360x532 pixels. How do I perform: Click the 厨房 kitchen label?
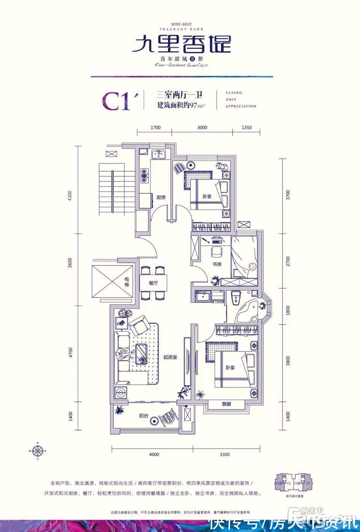click(x=161, y=197)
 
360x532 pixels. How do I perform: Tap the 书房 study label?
click(x=217, y=264)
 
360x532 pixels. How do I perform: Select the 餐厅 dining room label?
click(x=153, y=283)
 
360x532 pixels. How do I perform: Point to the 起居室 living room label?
click(x=171, y=357)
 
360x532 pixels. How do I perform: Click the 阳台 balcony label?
click(x=143, y=416)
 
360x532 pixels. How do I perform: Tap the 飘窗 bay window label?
click(x=226, y=404)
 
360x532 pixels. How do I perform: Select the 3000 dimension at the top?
click(x=202, y=128)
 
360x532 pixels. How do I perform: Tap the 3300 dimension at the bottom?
click(x=225, y=454)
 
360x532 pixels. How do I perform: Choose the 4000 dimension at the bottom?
click(x=154, y=454)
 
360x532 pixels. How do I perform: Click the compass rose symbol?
click(x=38, y=451)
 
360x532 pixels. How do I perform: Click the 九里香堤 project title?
click(x=181, y=44)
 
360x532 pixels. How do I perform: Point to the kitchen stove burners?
click(x=144, y=176)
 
